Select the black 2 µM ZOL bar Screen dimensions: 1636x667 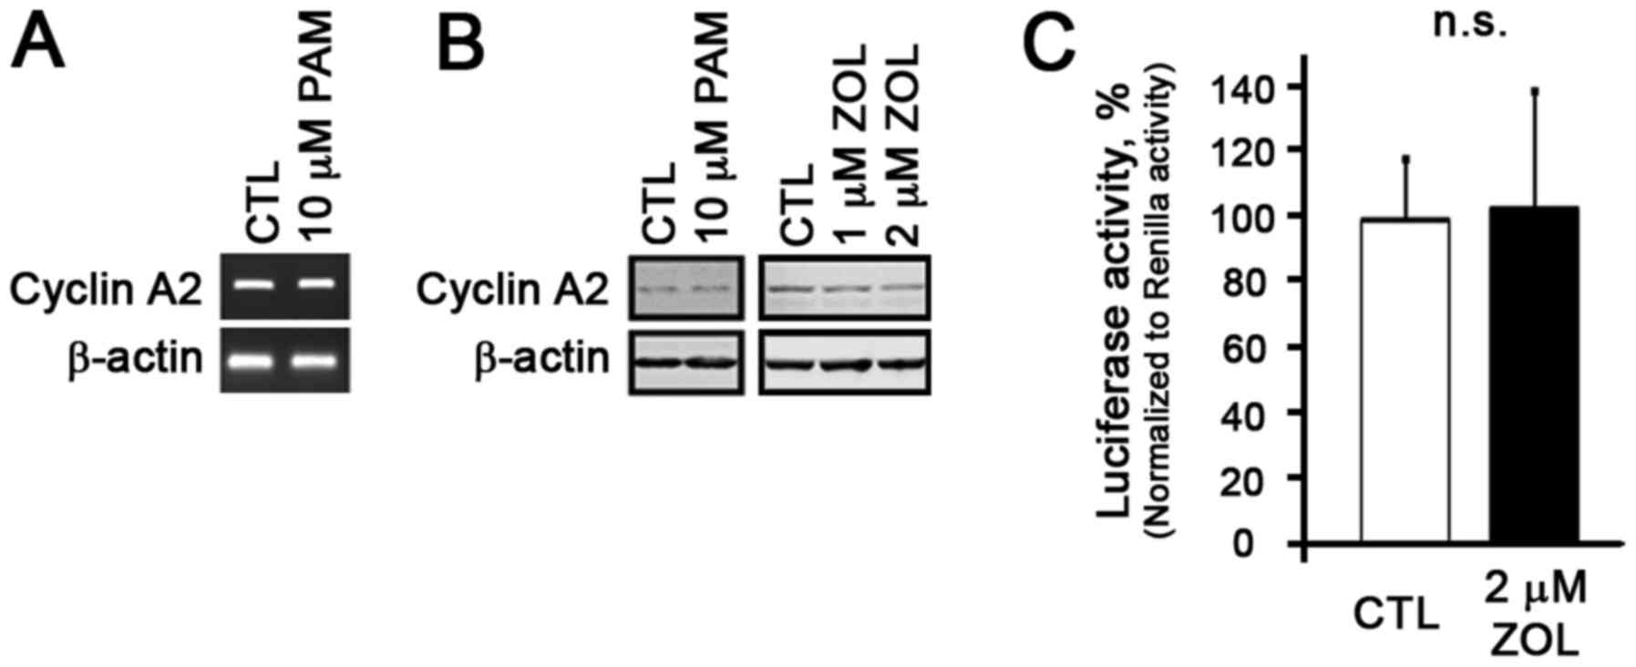[x=1534, y=375]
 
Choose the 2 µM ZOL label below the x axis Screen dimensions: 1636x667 [x=1534, y=616]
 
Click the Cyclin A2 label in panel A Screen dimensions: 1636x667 [x=106, y=290]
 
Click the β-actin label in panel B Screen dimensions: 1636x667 [x=541, y=358]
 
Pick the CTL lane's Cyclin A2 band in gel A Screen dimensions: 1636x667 [x=256, y=283]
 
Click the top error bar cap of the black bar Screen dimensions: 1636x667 [x=1535, y=90]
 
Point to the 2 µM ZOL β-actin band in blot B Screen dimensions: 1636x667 [x=898, y=363]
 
